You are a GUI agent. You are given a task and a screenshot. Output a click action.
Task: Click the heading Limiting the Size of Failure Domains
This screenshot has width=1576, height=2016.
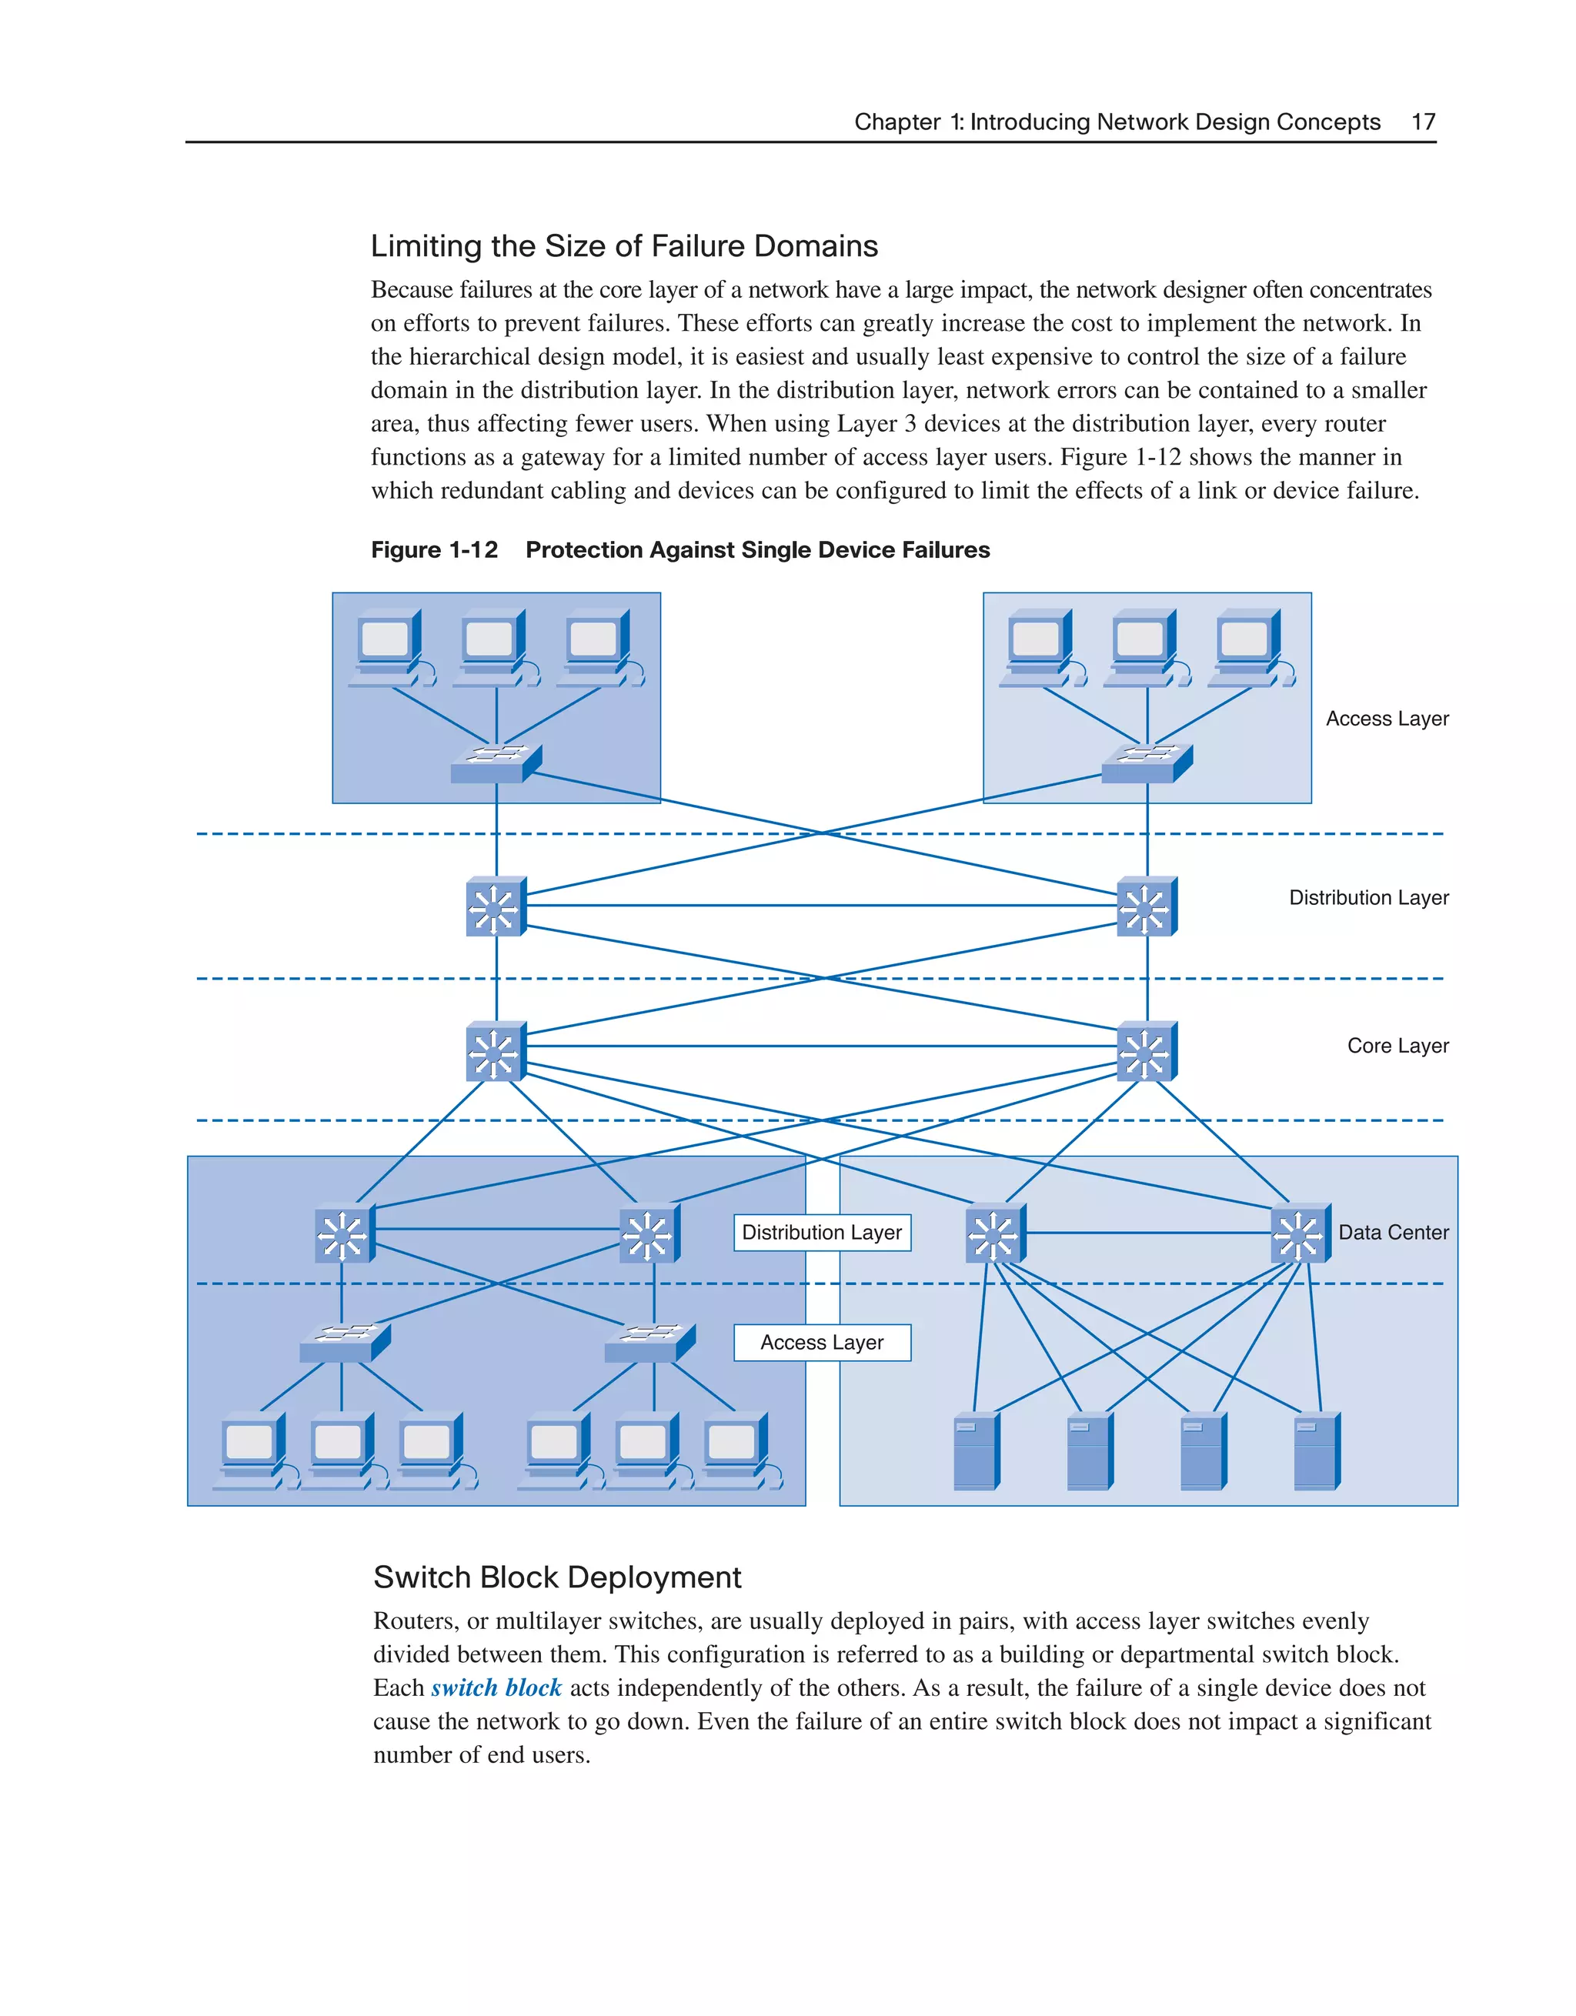click(624, 245)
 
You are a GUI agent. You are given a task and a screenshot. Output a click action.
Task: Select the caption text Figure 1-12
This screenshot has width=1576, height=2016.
click(434, 550)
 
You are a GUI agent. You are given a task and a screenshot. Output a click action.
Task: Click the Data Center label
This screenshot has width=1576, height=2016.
click(1392, 1233)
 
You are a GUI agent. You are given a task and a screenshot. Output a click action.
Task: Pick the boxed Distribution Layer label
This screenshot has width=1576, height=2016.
click(822, 1233)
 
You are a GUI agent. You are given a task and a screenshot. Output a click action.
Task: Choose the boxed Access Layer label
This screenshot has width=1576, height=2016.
click(822, 1342)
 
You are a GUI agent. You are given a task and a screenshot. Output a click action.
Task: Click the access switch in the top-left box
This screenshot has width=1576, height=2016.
click(496, 764)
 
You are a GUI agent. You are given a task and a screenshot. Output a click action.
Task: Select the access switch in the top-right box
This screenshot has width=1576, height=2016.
click(1147, 764)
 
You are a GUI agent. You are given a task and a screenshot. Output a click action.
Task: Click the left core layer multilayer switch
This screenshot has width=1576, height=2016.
click(496, 1051)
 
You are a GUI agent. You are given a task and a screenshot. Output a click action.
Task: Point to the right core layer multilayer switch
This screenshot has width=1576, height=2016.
click(1147, 1051)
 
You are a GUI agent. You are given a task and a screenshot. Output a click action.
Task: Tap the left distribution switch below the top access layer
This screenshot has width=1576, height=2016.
click(496, 906)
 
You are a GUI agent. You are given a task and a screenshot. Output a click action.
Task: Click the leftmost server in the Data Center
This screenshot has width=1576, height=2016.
click(976, 1450)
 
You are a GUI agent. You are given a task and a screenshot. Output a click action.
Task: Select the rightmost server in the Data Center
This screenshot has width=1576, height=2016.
click(1317, 1450)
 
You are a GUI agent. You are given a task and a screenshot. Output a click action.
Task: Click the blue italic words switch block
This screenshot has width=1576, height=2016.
click(496, 1688)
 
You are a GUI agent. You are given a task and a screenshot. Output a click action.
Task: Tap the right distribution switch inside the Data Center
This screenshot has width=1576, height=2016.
click(1300, 1233)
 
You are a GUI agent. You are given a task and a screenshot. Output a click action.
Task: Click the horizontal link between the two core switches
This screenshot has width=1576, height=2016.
click(822, 1046)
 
